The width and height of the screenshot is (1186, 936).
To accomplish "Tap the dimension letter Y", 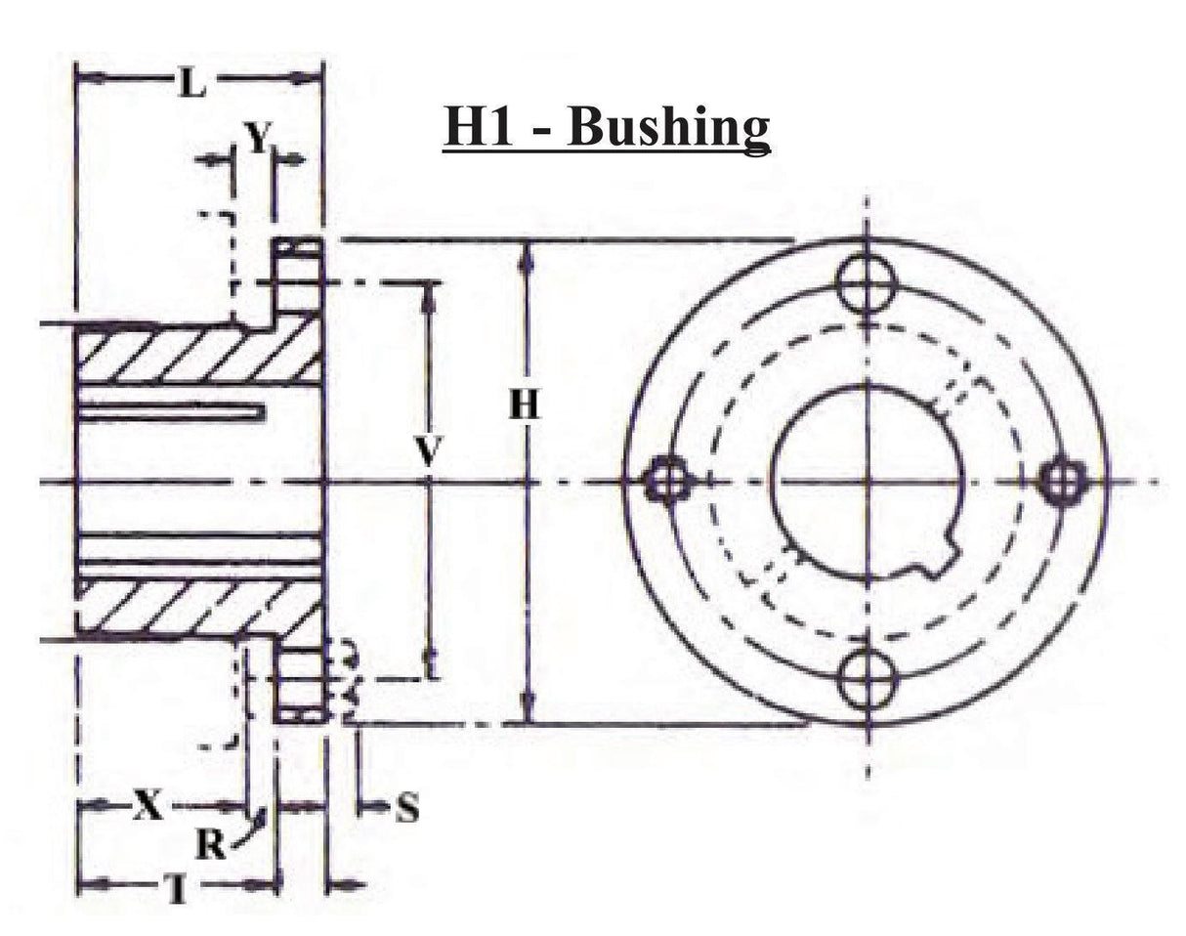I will coord(255,140).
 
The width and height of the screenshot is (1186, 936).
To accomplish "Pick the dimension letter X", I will coord(147,806).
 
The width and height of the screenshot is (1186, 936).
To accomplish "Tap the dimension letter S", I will coord(407,808).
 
